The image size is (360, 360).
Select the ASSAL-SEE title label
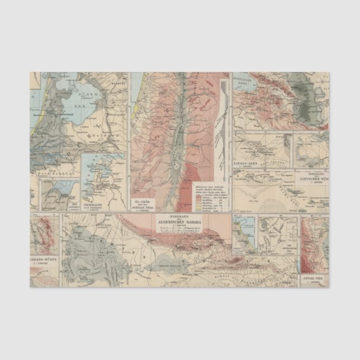click(x=315, y=278)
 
